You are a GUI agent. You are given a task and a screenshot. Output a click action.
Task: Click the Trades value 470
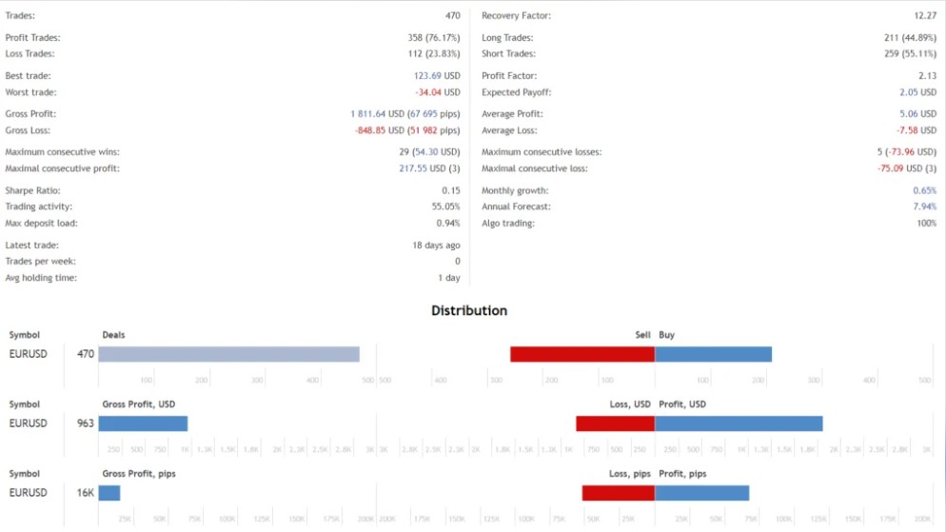point(452,16)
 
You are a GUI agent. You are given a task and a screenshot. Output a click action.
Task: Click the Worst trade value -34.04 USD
point(437,92)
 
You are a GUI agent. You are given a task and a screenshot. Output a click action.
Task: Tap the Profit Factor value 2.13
point(927,75)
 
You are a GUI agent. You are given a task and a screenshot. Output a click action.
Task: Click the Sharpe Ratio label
point(31,190)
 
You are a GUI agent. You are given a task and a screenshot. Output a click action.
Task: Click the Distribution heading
point(469,310)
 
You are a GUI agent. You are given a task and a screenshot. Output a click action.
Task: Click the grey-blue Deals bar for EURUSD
point(228,354)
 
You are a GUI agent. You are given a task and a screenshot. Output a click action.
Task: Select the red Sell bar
point(582,354)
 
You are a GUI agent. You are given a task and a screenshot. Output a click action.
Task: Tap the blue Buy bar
point(713,354)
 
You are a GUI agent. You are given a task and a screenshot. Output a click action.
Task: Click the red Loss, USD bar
point(615,424)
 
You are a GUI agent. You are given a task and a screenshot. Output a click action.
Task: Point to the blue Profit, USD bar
point(739,424)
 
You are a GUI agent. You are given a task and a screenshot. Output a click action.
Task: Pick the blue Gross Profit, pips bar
point(109,493)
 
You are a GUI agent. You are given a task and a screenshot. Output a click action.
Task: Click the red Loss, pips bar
point(618,493)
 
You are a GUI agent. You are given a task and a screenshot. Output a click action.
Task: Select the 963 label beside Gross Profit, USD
point(86,424)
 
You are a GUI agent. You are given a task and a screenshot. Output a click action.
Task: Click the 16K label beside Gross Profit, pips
point(86,493)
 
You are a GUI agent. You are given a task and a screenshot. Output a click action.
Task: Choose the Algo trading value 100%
point(925,223)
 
